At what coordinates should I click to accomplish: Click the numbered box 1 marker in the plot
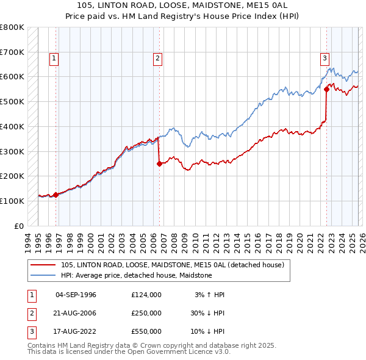[54, 59]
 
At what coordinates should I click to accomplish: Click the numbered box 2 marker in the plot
[157, 59]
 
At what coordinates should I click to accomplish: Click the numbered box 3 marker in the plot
[325, 59]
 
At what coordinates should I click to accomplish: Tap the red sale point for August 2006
[159, 164]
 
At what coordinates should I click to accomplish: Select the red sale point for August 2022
[327, 89]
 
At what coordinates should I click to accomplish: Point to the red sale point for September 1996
[56, 195]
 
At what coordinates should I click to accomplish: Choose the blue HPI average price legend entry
[136, 276]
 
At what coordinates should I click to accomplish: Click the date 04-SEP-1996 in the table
[76, 295]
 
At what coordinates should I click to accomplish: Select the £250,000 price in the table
[146, 313]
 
